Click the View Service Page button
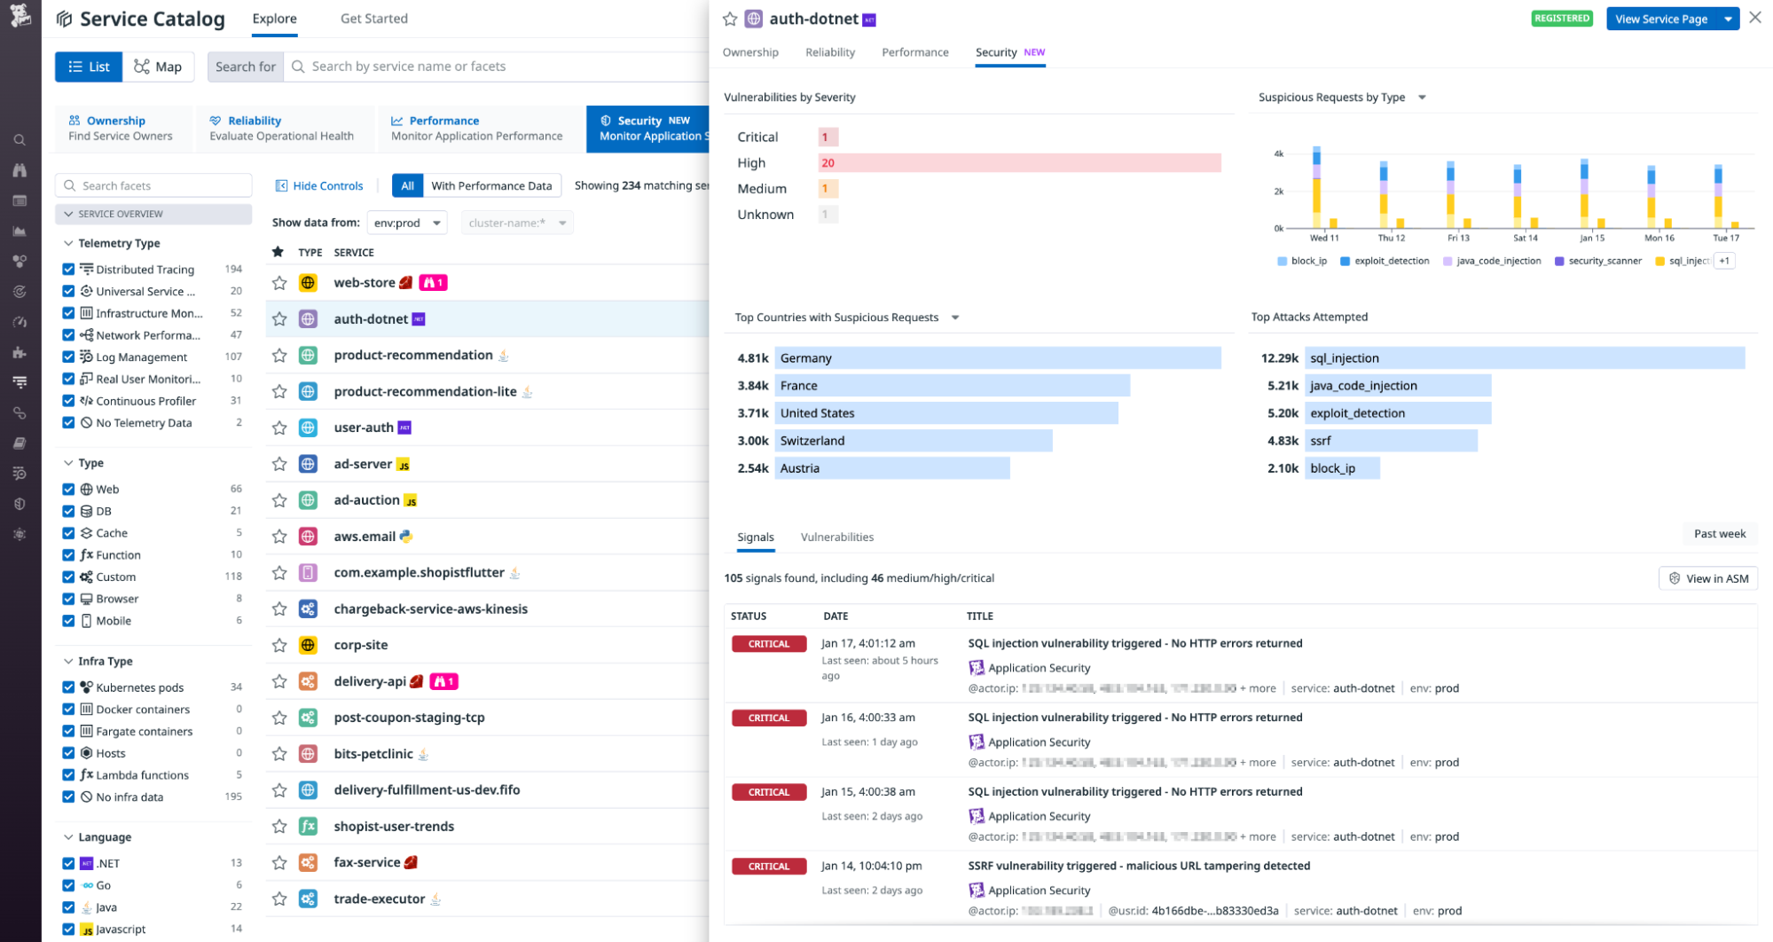coord(1660,19)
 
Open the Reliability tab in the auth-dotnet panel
coord(829,52)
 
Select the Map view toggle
coord(158,67)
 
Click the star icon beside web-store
coord(279,283)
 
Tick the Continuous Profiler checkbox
coord(68,401)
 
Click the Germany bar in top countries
coord(997,358)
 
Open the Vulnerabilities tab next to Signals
coord(836,538)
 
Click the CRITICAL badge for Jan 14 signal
coord(768,867)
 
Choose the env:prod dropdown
coord(407,224)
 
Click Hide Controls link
coord(319,186)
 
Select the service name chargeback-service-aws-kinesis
coord(430,609)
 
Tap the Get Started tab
coord(373,19)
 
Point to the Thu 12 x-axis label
coord(1391,238)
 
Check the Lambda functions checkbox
coord(68,775)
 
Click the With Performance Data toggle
coord(490,186)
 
